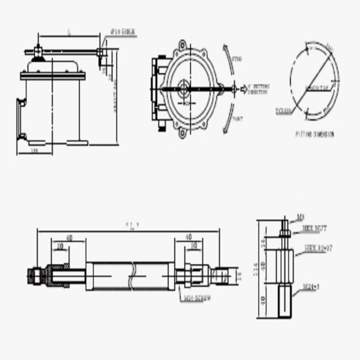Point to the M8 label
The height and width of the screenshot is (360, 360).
[301, 217]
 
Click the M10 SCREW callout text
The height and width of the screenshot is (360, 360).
[197, 298]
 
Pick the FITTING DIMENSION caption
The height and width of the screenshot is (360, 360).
[314, 135]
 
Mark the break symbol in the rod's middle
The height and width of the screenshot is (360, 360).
[134, 276]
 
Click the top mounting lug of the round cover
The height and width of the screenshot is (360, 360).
[183, 45]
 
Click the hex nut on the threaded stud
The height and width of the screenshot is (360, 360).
[284, 234]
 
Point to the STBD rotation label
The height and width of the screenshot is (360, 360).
[237, 58]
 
